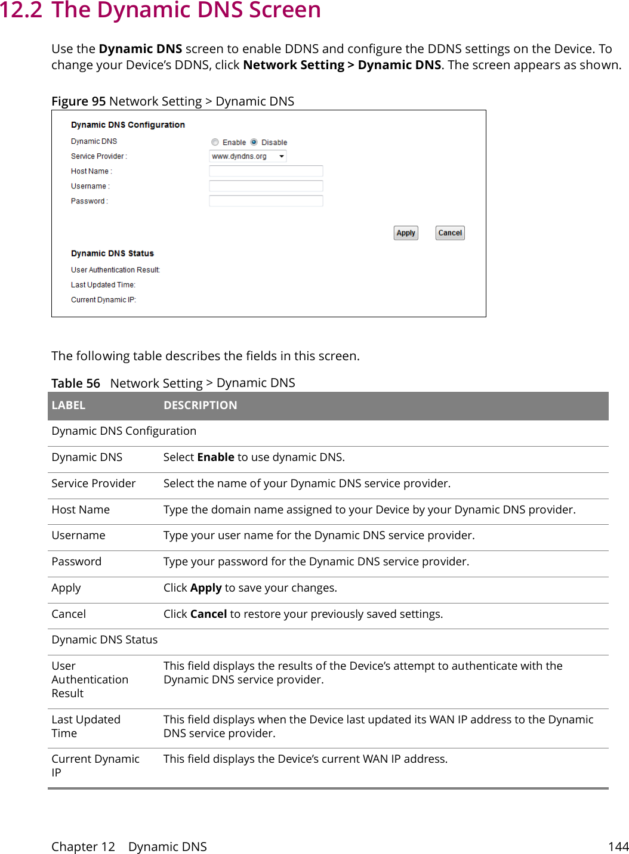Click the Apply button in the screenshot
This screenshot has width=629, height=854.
pyautogui.click(x=406, y=233)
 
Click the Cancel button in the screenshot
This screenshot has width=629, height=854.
pyautogui.click(x=450, y=233)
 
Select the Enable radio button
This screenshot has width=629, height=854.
pyautogui.click(x=215, y=143)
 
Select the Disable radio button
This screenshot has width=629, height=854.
pyautogui.click(x=254, y=143)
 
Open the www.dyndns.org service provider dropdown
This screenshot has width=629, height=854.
pyautogui.click(x=248, y=156)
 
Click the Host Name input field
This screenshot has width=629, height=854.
pyautogui.click(x=266, y=171)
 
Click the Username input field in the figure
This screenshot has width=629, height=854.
pyautogui.click(x=266, y=186)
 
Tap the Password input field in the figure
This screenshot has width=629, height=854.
pyautogui.click(x=266, y=201)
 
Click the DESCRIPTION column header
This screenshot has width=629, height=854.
pyautogui.click(x=200, y=406)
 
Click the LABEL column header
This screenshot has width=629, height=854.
pyautogui.click(x=69, y=406)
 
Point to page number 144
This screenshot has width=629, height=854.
pyautogui.click(x=618, y=847)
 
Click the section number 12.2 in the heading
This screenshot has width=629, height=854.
pyautogui.click(x=21, y=11)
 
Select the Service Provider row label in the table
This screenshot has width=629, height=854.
pyautogui.click(x=94, y=484)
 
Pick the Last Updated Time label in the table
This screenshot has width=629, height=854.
pyautogui.click(x=86, y=726)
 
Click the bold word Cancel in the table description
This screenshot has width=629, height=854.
pyautogui.click(x=208, y=614)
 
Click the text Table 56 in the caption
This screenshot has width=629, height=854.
pyautogui.click(x=76, y=383)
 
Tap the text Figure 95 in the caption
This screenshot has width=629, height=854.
pyautogui.click(x=78, y=101)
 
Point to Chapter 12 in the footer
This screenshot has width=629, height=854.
pyautogui.click(x=83, y=847)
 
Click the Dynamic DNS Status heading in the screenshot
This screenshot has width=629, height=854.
pyautogui.click(x=112, y=253)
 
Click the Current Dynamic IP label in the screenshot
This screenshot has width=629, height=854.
pyautogui.click(x=103, y=300)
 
